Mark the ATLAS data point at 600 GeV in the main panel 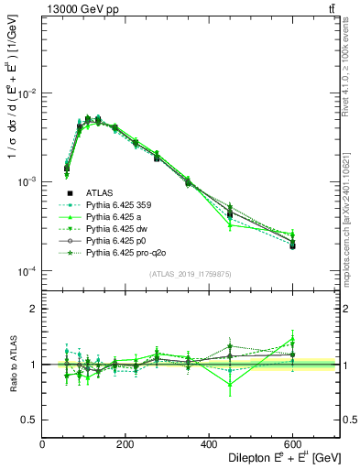click(x=293, y=246)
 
